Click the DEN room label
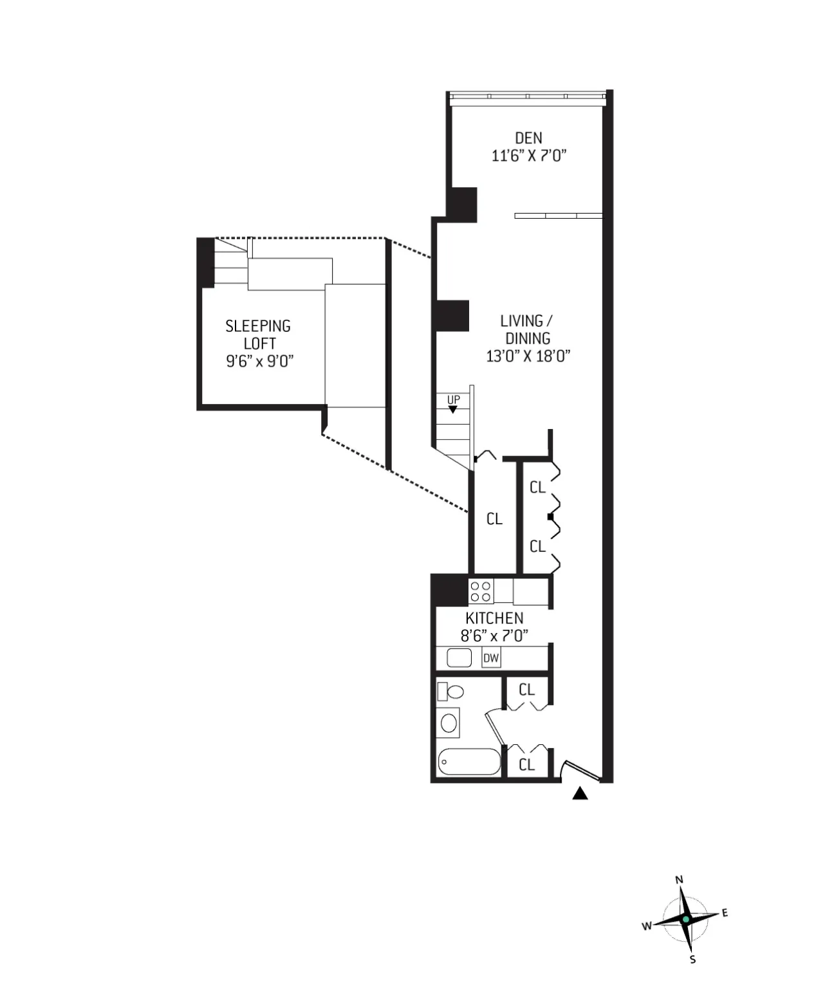(x=528, y=138)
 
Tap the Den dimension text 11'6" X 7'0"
(x=528, y=156)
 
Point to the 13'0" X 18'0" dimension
(x=528, y=356)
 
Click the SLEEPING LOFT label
(x=258, y=335)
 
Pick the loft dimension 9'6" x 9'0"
(x=259, y=362)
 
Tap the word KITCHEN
(x=494, y=618)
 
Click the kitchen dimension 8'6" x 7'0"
(x=494, y=636)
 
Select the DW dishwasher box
(x=491, y=658)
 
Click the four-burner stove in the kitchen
(x=481, y=591)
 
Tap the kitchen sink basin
(x=459, y=658)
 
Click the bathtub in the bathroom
(x=469, y=762)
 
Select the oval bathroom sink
(x=449, y=722)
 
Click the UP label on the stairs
(x=454, y=400)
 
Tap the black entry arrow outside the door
(x=580, y=794)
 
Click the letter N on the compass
(x=679, y=880)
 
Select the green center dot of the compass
(x=686, y=920)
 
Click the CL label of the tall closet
(x=494, y=519)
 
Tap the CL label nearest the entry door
(x=526, y=765)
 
